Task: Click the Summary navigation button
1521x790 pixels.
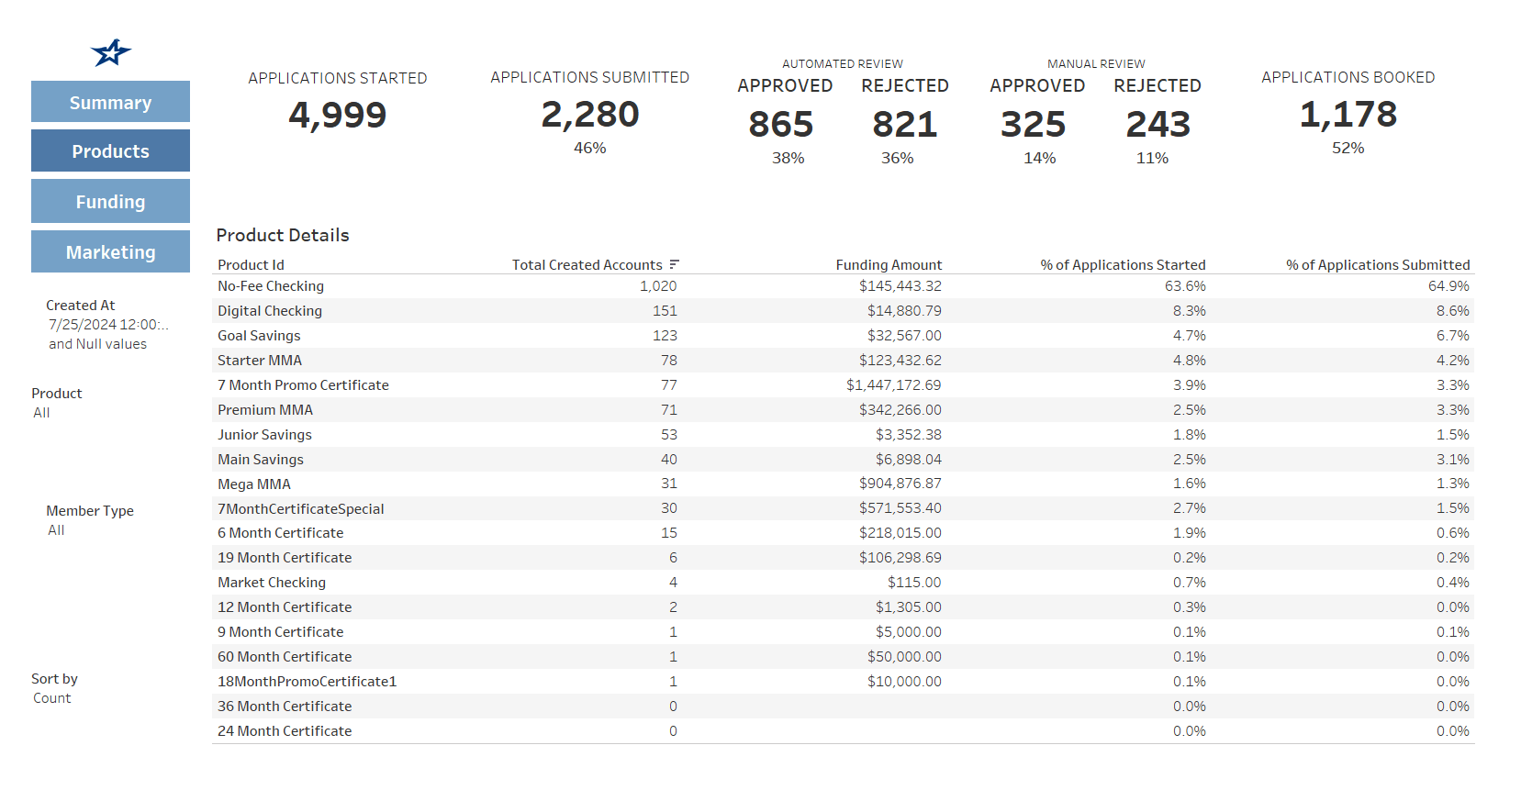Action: click(x=110, y=102)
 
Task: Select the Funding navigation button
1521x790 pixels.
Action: click(x=110, y=201)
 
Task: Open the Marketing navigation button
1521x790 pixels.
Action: click(x=110, y=251)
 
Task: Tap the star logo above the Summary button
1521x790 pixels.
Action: click(x=111, y=52)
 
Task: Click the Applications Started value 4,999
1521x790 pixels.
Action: click(x=337, y=116)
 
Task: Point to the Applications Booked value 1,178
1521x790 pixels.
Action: click(x=1348, y=115)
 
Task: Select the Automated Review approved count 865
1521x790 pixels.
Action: click(x=780, y=125)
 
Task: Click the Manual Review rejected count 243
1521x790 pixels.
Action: click(x=1158, y=125)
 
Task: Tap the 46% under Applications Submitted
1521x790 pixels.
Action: click(x=589, y=148)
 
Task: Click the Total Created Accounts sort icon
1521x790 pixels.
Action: click(x=674, y=264)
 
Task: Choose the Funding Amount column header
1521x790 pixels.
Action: click(x=888, y=265)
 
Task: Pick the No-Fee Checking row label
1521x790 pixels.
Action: click(x=271, y=286)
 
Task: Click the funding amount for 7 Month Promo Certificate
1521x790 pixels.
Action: click(x=893, y=385)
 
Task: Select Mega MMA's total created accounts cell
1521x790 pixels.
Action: click(x=668, y=484)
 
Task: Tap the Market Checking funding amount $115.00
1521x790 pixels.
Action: click(x=913, y=583)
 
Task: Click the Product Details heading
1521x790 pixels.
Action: click(x=283, y=235)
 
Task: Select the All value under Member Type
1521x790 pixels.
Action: click(x=56, y=530)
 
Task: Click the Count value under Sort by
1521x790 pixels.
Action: click(x=51, y=698)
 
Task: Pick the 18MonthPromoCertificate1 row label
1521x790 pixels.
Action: click(x=307, y=682)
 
